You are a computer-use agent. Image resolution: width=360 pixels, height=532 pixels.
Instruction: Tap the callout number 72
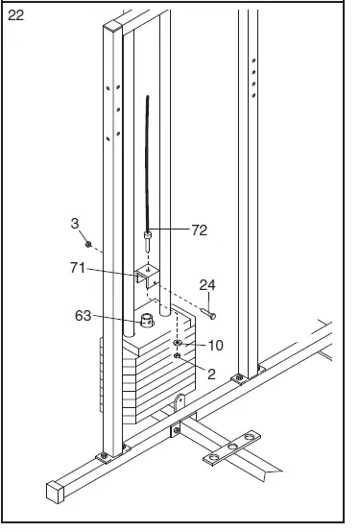pyautogui.click(x=200, y=230)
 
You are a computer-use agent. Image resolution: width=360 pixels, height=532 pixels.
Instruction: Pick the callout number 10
pyautogui.click(x=216, y=344)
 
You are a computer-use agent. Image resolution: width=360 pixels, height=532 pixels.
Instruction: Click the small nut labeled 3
pyautogui.click(x=88, y=244)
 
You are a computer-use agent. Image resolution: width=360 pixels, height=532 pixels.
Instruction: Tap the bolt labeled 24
pyautogui.click(x=211, y=313)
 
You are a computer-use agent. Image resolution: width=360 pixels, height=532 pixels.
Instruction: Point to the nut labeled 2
pyautogui.click(x=179, y=356)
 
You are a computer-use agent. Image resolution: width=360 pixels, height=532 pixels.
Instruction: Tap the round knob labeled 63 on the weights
pyautogui.click(x=147, y=320)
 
